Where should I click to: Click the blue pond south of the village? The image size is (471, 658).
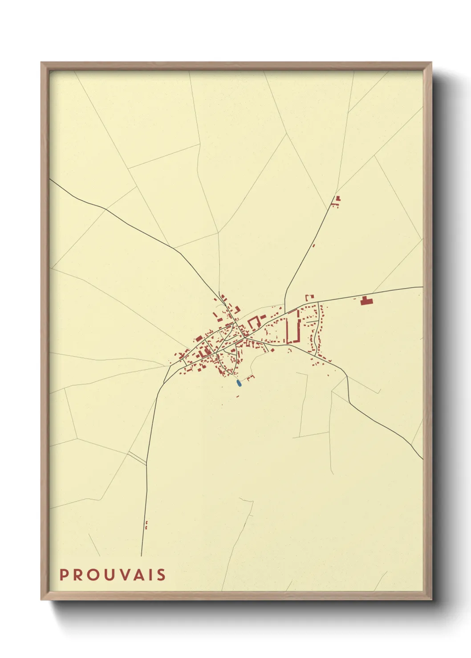point(239,382)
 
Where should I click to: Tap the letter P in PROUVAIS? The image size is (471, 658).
point(64,575)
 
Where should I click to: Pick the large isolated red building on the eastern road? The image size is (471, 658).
point(366,301)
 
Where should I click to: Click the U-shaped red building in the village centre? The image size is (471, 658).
point(254,322)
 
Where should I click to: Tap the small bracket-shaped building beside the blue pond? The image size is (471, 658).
point(250,378)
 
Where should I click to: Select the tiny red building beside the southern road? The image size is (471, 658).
point(146,525)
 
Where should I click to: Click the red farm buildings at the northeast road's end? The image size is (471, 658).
point(337,201)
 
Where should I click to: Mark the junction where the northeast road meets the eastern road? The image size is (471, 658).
point(285,310)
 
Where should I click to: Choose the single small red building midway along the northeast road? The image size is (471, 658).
point(314,245)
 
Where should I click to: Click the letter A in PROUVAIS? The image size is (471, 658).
point(134,575)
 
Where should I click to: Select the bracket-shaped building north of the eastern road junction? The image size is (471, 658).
point(309,297)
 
